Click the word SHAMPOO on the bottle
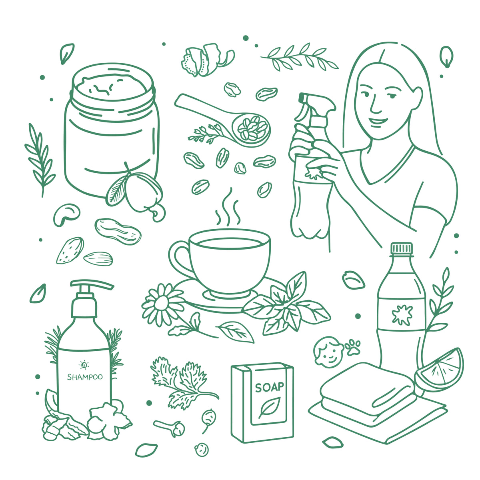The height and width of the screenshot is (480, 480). point(85,377)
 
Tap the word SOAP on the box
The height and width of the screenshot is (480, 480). point(269,387)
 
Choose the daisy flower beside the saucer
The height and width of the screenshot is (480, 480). point(164,305)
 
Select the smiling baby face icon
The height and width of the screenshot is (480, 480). point(328,352)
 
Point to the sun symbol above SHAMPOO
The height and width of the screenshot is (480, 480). point(84,365)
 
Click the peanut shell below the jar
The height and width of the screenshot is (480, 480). point(118,231)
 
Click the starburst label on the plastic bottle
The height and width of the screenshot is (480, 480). point(402,315)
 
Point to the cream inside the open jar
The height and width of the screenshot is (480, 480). point(111,86)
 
